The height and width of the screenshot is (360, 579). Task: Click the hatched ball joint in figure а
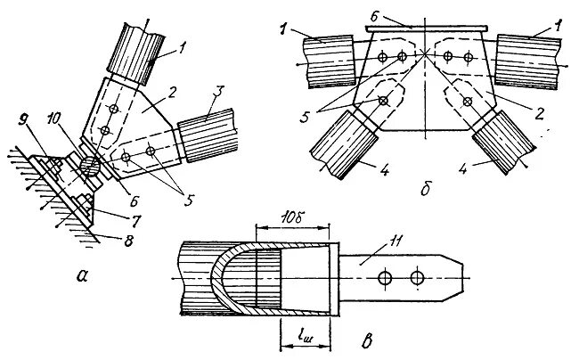coord(88,166)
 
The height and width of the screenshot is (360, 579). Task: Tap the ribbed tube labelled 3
coord(210,134)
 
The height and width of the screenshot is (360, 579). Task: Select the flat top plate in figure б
coord(429,29)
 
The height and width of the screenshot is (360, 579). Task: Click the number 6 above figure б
coord(375,16)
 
